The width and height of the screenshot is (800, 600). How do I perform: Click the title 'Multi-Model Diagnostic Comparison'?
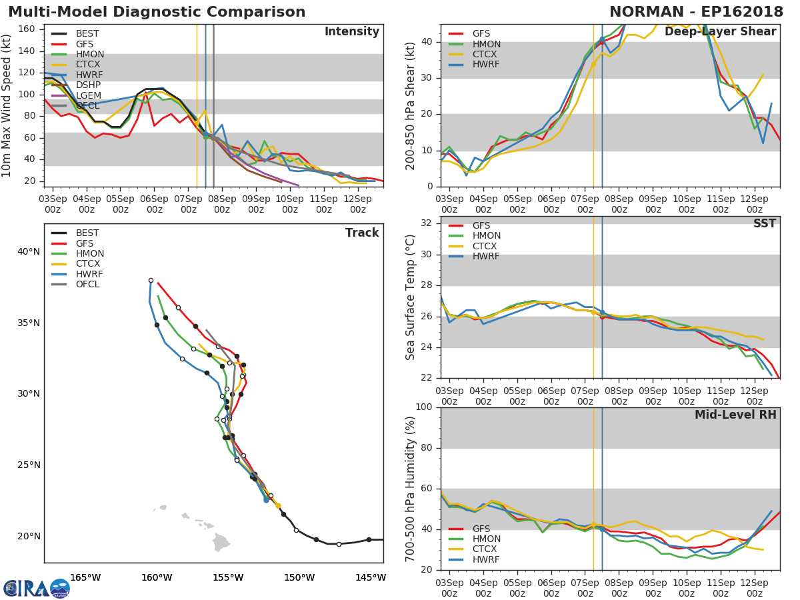pyautogui.click(x=157, y=12)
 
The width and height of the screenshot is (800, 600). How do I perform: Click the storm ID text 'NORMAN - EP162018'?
pyautogui.click(x=697, y=12)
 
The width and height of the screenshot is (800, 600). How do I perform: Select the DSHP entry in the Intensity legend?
pyautogui.click(x=87, y=85)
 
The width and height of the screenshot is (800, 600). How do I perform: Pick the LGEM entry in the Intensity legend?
pyautogui.click(x=87, y=95)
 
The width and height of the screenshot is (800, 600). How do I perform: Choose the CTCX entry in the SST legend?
pyautogui.click(x=486, y=246)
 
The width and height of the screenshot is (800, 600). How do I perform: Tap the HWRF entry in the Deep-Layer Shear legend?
pyautogui.click(x=486, y=65)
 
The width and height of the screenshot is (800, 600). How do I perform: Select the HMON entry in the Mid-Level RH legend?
pyautogui.click(x=486, y=539)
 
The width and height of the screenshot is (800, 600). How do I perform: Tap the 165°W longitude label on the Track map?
pyautogui.click(x=85, y=577)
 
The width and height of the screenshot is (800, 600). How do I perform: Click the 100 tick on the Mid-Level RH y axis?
pyautogui.click(x=423, y=407)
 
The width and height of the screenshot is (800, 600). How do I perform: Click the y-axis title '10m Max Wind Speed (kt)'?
pyautogui.click(x=8, y=106)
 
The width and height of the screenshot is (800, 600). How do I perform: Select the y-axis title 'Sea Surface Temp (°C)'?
pyautogui.click(x=411, y=297)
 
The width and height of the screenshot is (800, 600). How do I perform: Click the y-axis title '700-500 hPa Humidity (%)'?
pyautogui.click(x=411, y=488)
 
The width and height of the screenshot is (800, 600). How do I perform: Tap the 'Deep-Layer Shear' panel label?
pyautogui.click(x=720, y=32)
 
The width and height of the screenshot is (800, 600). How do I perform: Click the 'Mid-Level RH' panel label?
pyautogui.click(x=735, y=415)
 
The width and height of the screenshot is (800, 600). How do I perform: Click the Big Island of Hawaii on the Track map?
pyautogui.click(x=221, y=542)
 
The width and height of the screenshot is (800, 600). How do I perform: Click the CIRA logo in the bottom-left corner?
pyautogui.click(x=37, y=588)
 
